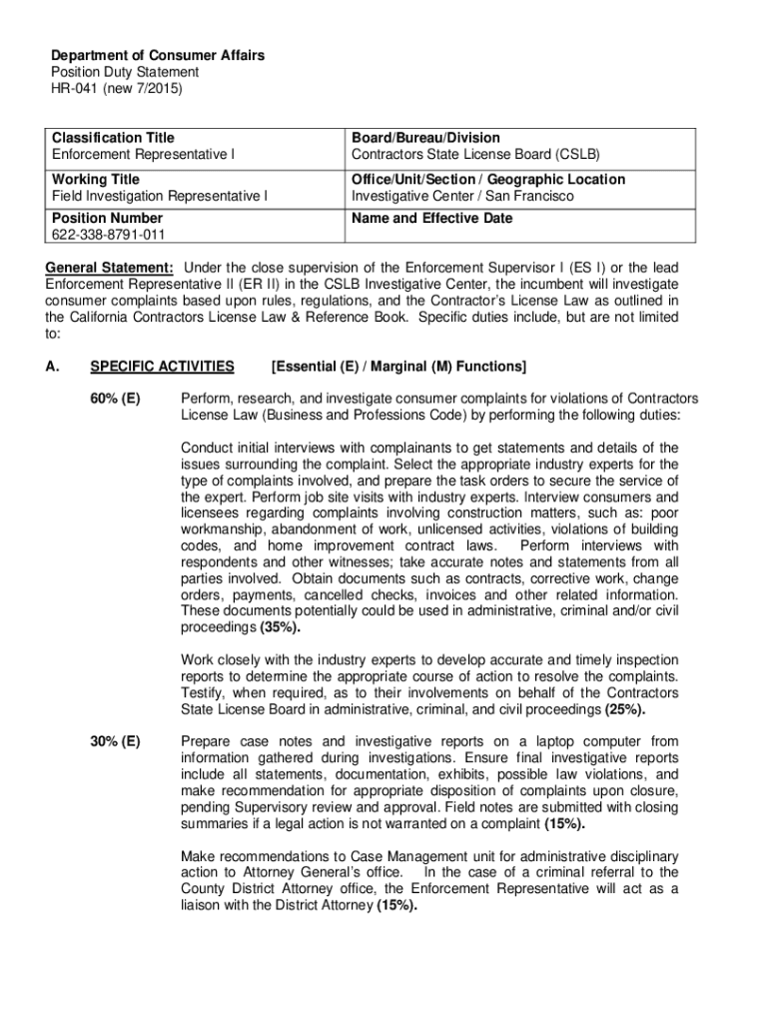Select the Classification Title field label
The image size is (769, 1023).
coord(113,137)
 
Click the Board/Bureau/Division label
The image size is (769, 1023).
coord(425,137)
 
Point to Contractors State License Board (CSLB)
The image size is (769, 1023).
coord(475,154)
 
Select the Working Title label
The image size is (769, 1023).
coord(96,179)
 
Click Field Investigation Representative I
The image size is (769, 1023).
coord(160,196)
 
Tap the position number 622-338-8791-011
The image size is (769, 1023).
coord(109,235)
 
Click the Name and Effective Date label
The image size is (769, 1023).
coord(431,218)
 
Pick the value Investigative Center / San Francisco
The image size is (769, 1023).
coord(462,196)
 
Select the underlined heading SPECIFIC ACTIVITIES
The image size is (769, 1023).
coord(162,366)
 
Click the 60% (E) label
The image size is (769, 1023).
coord(115,400)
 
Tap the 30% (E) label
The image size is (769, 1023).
coord(115,741)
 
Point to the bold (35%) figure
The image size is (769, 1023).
coord(280,627)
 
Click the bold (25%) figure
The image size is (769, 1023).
coord(625,710)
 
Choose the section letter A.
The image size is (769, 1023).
coord(51,366)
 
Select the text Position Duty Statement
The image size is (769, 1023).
coord(125,72)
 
